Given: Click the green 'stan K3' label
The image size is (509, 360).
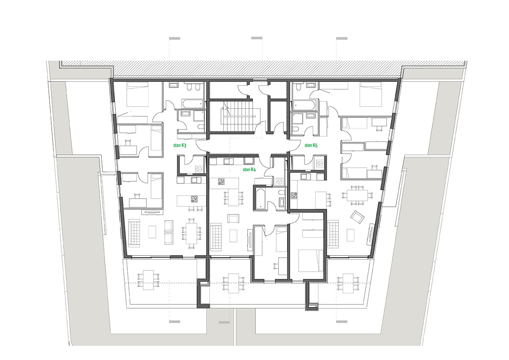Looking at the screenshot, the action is coord(180,145).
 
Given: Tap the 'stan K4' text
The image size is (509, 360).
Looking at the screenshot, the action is coord(249,169).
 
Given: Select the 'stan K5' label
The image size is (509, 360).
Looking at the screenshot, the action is coord(311,145).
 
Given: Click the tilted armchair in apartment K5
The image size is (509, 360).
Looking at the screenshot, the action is coord(358,217).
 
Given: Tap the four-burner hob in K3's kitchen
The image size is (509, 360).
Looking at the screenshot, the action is coord(194,199).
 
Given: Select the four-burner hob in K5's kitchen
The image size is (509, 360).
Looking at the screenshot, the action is coord(294,195).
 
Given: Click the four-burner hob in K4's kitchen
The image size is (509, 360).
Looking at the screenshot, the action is coord(221,181).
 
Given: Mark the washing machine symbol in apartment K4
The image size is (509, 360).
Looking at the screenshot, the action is coord(279,182).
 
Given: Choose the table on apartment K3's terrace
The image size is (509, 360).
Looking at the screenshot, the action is coord(148,280).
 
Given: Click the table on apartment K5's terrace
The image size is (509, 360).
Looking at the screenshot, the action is coord(348,283).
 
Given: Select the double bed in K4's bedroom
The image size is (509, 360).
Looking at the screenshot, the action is coord(311,261).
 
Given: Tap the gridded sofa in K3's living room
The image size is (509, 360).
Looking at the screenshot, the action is coord(134,233).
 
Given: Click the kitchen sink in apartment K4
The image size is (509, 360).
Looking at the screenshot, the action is coord(228,161).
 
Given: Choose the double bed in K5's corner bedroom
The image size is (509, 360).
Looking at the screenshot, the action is coord(370,94).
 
